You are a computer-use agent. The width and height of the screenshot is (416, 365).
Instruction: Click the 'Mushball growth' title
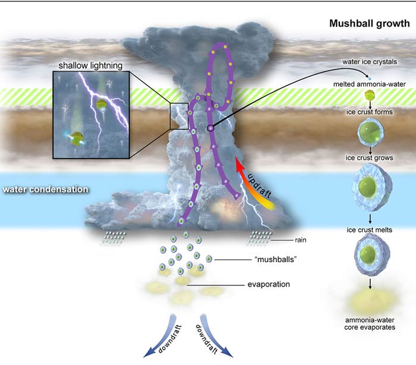pos(370,24)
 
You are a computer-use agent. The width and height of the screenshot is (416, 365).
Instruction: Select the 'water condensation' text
pos(46,190)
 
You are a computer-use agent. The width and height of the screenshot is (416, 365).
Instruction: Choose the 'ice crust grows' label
pos(370,158)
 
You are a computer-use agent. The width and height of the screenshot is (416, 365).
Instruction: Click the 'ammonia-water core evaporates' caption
pos(370,323)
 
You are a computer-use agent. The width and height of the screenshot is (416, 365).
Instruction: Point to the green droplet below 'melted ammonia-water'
pos(370,95)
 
